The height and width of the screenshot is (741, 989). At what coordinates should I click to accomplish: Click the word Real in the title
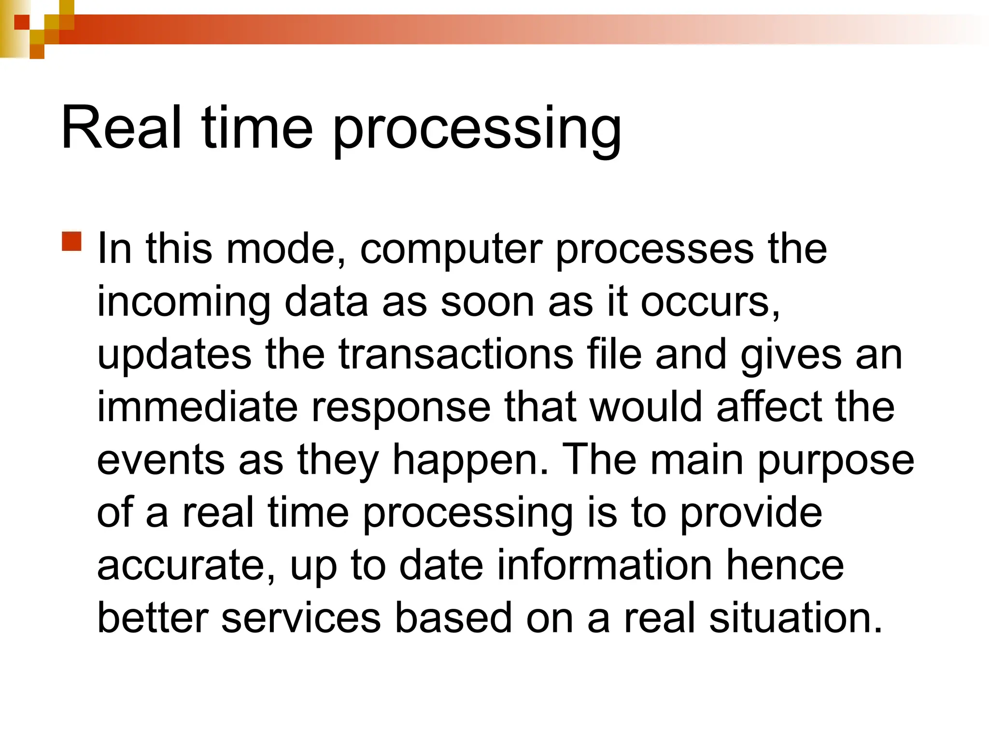pos(121,128)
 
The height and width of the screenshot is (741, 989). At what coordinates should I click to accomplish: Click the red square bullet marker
pos(72,242)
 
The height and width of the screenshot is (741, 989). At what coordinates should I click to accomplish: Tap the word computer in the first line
pos(451,249)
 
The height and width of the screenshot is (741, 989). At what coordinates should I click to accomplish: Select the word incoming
pos(184,302)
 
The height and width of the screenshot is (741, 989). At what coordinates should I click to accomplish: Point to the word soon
pos(487,302)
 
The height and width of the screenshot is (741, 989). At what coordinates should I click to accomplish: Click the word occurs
pos(709,302)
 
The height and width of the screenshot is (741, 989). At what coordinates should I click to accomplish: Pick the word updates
pos(174,356)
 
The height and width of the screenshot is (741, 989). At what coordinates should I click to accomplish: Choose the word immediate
pos(197,407)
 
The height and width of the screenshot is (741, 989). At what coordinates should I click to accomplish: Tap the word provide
pos(751,514)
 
